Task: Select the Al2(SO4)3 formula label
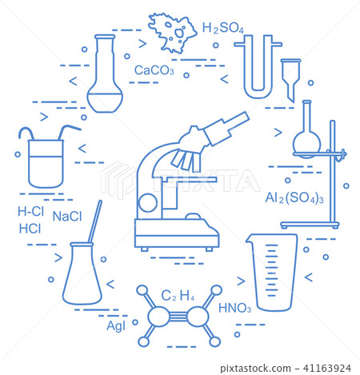point(294,197)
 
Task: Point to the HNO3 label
point(234,309)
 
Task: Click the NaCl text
point(68,216)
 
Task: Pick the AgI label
point(116,325)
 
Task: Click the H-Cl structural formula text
point(31,213)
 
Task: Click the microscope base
point(177,237)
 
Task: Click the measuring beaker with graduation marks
point(274,271)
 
